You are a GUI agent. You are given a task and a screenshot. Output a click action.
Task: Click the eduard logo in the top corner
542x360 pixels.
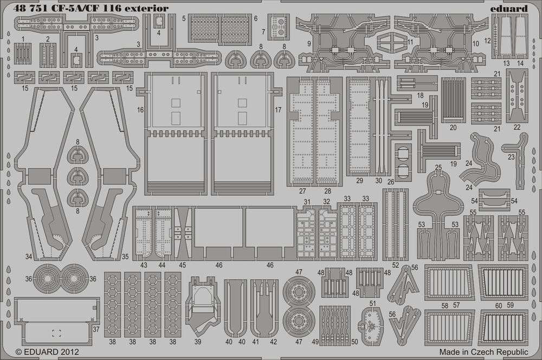[x=508, y=9]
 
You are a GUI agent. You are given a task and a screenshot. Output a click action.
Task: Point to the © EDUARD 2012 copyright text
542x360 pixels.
[x=47, y=352]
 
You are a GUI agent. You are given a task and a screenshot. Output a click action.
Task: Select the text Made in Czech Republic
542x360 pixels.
[x=483, y=352]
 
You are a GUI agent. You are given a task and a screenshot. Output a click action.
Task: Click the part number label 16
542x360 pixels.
[x=140, y=110]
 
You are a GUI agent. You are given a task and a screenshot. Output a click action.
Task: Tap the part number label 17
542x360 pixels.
[x=278, y=110]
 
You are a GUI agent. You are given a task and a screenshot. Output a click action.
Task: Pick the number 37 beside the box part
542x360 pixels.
[x=96, y=329]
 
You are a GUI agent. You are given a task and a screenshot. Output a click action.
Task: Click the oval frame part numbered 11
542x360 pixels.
[x=392, y=44]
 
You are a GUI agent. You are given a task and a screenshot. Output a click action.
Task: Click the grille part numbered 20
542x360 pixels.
[x=453, y=100]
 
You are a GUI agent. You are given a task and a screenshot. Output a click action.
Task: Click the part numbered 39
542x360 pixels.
[x=203, y=305]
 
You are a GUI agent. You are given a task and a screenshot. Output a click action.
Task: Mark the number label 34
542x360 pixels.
[x=29, y=256]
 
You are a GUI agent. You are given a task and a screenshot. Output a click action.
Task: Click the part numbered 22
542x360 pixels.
[x=517, y=96]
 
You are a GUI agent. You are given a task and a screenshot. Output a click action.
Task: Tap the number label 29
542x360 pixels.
[x=359, y=181]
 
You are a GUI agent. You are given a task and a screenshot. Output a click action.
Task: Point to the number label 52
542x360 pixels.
[x=396, y=265]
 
